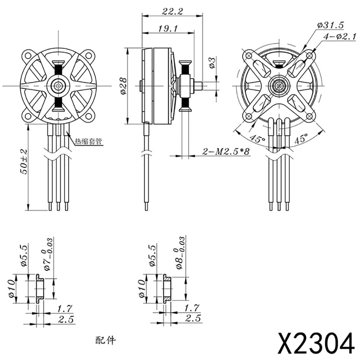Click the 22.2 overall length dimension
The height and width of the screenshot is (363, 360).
coord(172,11)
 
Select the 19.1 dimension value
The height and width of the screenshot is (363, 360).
coord(167,29)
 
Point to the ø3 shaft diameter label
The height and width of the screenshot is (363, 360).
coord(212,63)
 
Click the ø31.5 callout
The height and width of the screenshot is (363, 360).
coord(330,25)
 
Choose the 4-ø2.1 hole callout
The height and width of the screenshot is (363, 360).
coord(340,36)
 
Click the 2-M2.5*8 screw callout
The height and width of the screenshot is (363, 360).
coord(226,152)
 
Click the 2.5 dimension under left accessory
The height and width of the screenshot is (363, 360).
coord(66,319)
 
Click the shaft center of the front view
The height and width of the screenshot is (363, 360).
coord(58,86)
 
